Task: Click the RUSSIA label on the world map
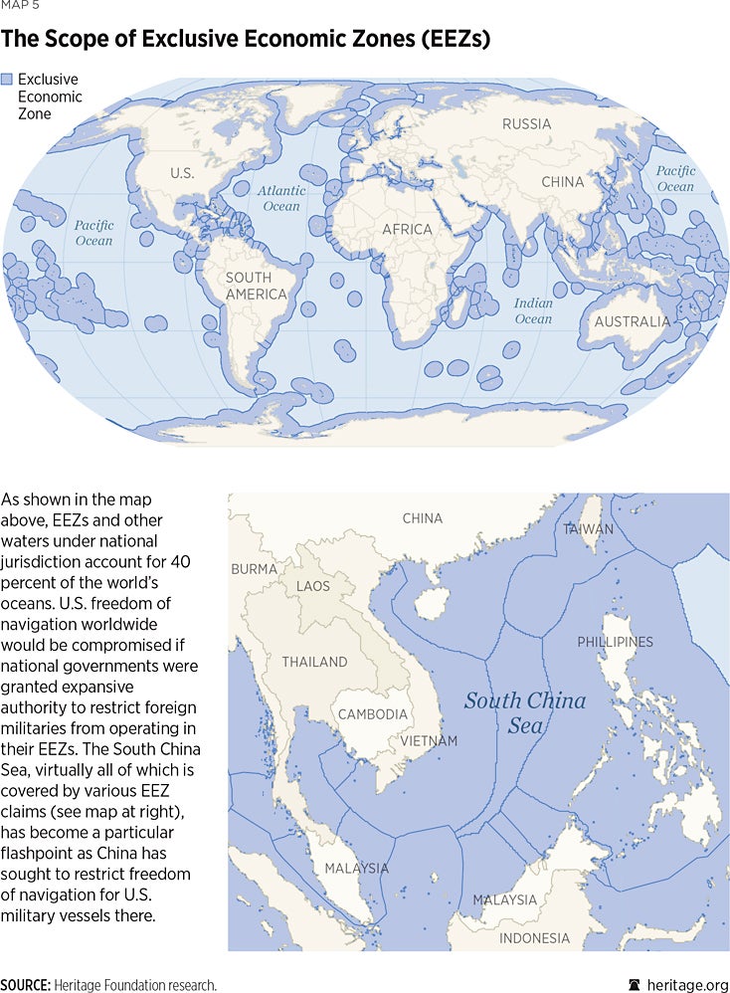point(526,124)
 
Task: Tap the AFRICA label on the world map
point(408,230)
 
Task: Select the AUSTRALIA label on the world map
point(632,321)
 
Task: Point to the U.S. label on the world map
point(182,173)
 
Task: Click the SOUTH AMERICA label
point(256,287)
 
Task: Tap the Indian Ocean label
point(533,311)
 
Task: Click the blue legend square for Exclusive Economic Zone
point(7,79)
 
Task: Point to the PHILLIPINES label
point(615,642)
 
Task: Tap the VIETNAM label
point(429,741)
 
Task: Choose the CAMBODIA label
point(373,714)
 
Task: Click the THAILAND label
point(314,662)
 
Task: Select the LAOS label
point(312,586)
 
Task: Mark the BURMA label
point(255,569)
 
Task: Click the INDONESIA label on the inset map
point(534,938)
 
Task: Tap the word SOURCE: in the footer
point(26,984)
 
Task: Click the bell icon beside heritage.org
point(634,984)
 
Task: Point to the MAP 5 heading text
point(21,6)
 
